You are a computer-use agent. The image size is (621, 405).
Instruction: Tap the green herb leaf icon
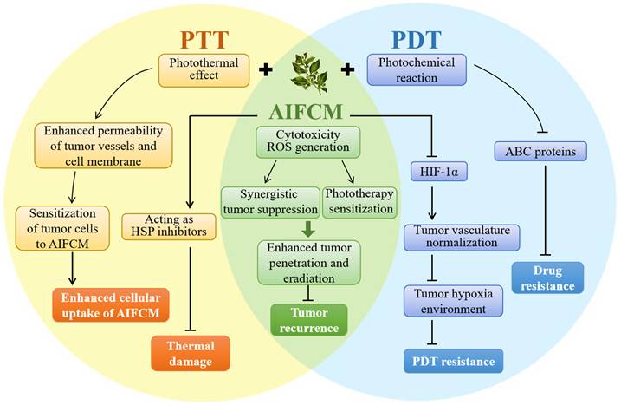click(309, 72)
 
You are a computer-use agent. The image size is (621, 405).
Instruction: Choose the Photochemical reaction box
click(417, 69)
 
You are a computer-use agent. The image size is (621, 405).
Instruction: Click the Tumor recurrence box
click(309, 318)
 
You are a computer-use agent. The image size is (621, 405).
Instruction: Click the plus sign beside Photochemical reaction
click(347, 69)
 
